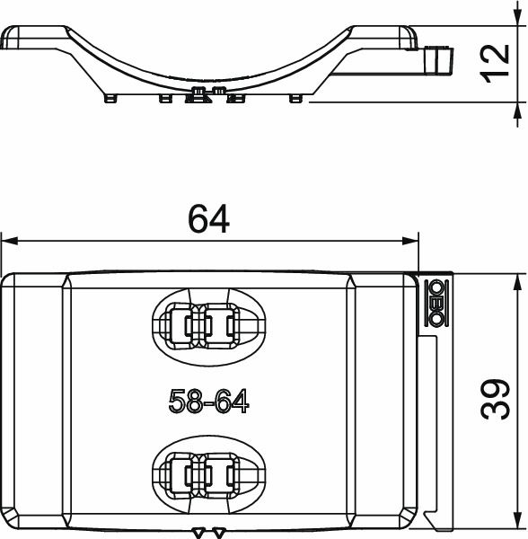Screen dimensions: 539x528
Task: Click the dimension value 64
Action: pos(208,219)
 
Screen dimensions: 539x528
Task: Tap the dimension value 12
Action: pos(495,63)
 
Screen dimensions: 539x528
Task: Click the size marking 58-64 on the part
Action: pos(208,402)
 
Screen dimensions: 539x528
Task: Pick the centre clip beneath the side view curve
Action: pos(208,93)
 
